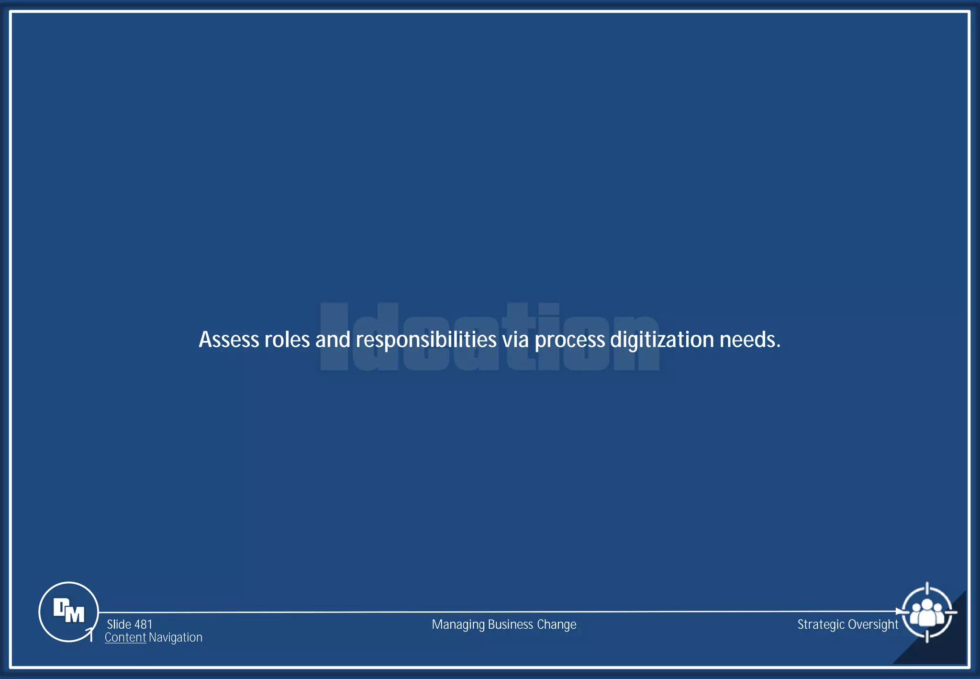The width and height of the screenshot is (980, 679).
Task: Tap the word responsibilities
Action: point(426,340)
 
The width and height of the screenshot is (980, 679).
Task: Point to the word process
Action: point(569,340)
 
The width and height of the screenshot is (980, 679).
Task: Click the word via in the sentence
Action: point(515,339)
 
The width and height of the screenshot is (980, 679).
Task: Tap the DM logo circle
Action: point(68,611)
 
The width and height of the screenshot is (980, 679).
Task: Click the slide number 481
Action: point(143,624)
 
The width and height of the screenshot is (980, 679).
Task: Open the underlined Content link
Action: point(125,637)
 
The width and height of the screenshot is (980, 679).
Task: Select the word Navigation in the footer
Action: point(176,637)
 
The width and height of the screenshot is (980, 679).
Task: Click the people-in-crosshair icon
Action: point(927,612)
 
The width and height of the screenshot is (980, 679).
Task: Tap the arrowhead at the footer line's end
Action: point(899,611)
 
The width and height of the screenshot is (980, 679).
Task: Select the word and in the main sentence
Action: point(333,339)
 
